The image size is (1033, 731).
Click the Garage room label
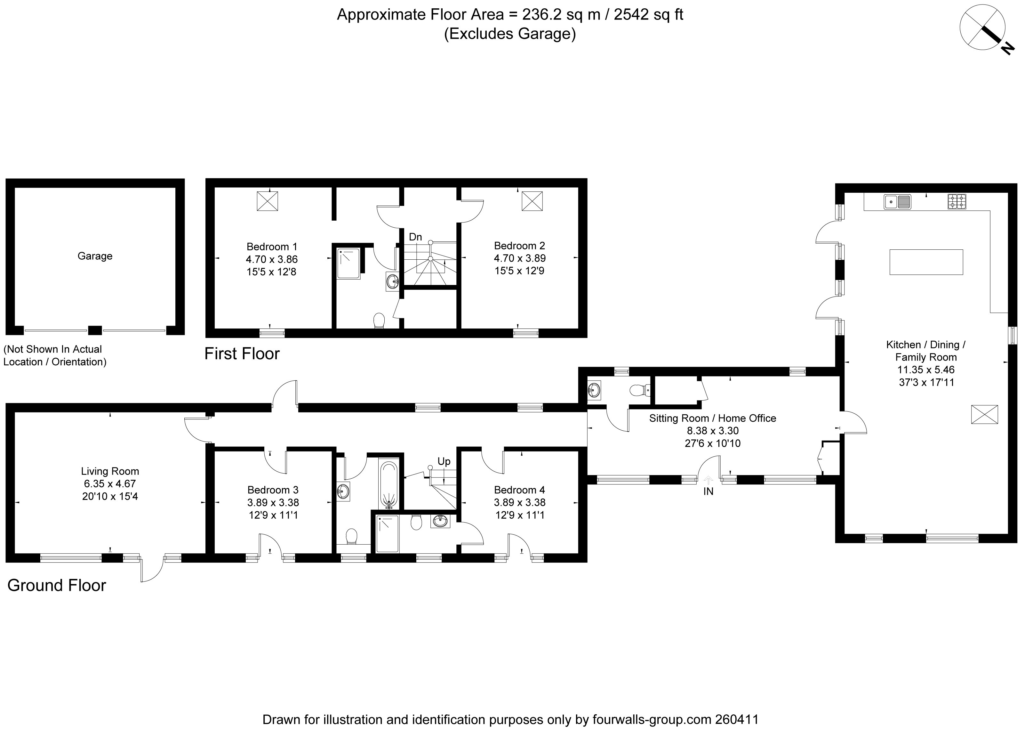(95, 256)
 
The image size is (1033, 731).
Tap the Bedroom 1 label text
(272, 247)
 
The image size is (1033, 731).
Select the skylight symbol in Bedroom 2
(532, 201)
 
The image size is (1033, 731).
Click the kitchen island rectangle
(926, 262)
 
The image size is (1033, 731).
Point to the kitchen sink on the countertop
(898, 202)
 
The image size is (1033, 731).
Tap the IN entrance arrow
(709, 480)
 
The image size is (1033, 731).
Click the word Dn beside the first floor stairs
(415, 237)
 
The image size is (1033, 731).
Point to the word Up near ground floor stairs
(444, 461)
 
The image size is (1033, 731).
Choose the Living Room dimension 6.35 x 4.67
(110, 484)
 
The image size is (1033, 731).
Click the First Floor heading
(242, 354)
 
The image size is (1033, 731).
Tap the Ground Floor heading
(57, 585)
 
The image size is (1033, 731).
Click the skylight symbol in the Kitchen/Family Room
(985, 414)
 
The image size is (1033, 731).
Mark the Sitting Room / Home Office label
(713, 418)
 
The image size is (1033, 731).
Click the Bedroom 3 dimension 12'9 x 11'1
(274, 515)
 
